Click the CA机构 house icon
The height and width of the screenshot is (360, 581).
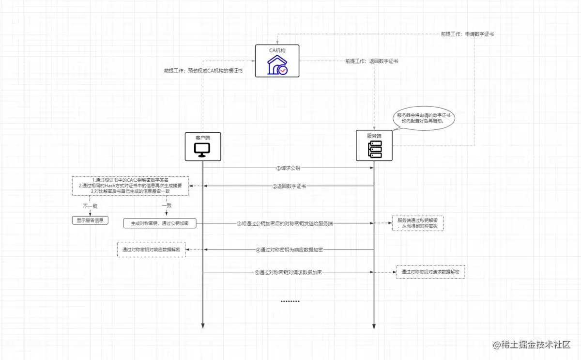[x=277, y=64]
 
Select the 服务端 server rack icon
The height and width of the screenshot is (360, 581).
[x=374, y=150]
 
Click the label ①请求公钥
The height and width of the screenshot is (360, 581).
[x=291, y=168]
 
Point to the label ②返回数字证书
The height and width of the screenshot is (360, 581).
[x=289, y=186]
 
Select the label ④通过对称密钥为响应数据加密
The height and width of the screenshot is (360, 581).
[x=289, y=250]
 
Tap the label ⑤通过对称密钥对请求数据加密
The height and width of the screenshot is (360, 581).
[x=288, y=272]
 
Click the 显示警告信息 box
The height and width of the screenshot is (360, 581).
[x=90, y=220]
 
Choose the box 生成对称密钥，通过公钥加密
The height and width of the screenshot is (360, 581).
[x=160, y=223]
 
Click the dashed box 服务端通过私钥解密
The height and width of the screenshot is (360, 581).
[x=417, y=223]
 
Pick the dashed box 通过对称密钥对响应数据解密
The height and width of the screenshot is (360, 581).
[x=151, y=250]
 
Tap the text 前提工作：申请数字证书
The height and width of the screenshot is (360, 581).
[x=467, y=34]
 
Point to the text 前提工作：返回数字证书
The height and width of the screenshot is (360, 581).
[x=371, y=62]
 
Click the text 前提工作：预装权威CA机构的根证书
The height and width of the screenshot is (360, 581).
[x=203, y=71]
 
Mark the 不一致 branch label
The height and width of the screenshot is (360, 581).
[x=90, y=206]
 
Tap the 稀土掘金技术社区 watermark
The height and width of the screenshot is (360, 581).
[x=532, y=344]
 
